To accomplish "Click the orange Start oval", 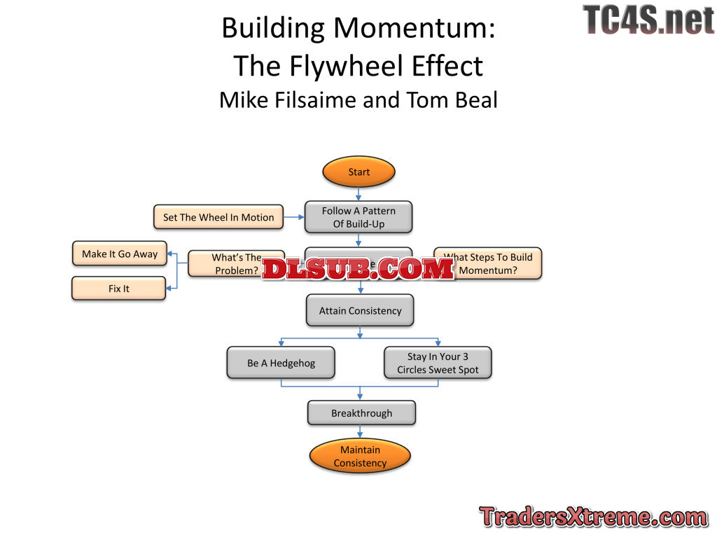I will point(358,172).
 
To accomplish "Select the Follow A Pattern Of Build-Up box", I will point(358,217).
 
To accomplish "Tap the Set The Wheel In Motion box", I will point(218,217).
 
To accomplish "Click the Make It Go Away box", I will point(120,254).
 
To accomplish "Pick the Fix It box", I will point(119,289).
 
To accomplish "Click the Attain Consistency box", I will point(360,310).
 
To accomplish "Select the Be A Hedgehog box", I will point(281,363).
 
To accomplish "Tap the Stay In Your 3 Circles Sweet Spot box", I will point(438,363).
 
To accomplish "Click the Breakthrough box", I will point(361,413).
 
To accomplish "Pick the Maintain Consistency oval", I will point(360,457).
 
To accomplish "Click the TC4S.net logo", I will point(648,20).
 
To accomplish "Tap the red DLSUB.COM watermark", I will point(358,270).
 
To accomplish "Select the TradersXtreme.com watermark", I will point(593,518).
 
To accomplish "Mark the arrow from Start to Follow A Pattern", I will point(359,193).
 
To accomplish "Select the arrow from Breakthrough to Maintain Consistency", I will point(361,432).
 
